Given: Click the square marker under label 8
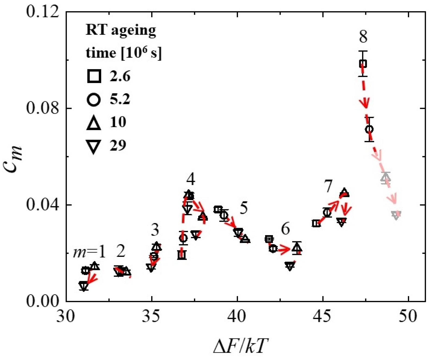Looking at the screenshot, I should coord(363,64).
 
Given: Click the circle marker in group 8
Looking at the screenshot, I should coord(369,129).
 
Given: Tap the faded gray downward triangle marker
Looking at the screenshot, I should coord(396,215).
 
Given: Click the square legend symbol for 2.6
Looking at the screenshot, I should coord(94,76).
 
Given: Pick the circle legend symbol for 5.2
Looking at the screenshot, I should coord(94,99).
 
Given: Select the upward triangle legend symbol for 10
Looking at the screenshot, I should coord(94,122).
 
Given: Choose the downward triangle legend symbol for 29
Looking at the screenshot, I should coord(94,146).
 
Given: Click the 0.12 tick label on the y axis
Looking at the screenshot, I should coord(43,12).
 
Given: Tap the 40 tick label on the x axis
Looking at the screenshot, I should coord(237,316).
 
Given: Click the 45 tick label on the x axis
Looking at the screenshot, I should coord(323,316).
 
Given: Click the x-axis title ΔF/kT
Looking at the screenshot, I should coord(239,346).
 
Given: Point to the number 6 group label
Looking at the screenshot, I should coord(285,229).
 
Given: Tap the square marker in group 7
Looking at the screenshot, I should coord(316,223).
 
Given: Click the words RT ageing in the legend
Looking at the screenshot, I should coord(121,30).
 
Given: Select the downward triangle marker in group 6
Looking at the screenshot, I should coord(290,266).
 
